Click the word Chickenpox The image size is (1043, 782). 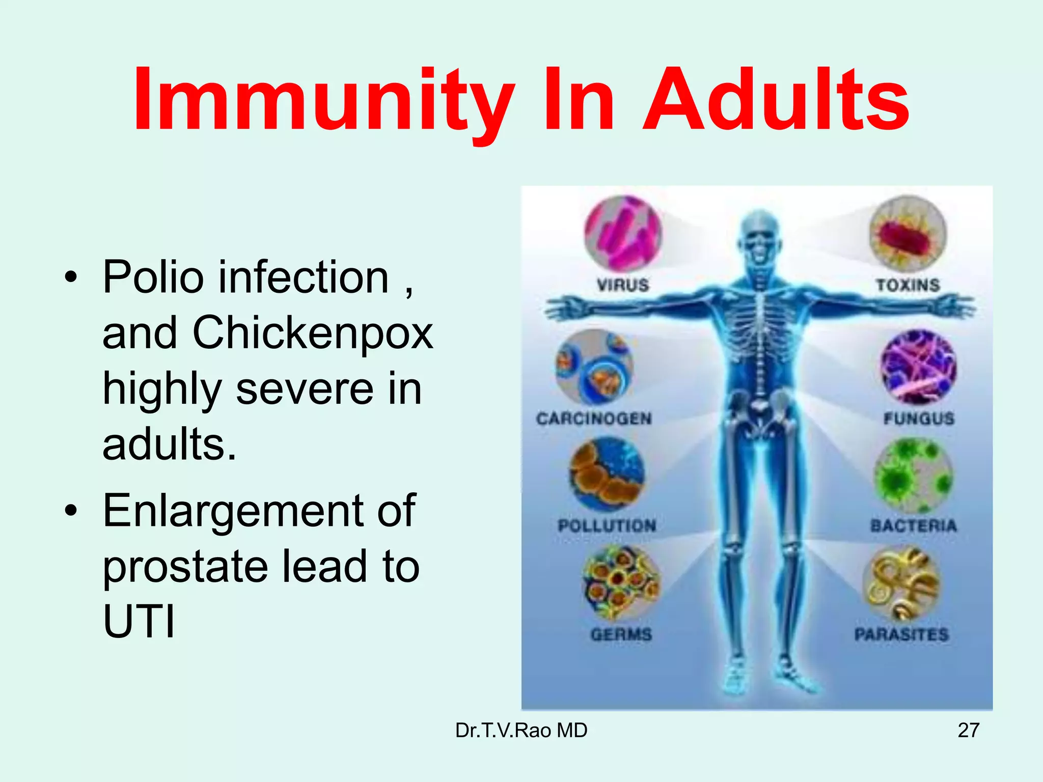click(x=313, y=333)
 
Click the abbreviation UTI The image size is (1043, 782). click(x=139, y=622)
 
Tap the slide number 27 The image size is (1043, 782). click(x=968, y=730)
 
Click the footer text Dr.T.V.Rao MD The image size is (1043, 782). click(x=521, y=730)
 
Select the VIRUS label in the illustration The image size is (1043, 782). click(x=623, y=285)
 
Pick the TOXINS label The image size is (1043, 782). click(x=908, y=285)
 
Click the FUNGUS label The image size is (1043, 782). click(x=919, y=418)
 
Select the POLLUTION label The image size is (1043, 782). click(x=607, y=525)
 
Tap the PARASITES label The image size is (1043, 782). click(x=901, y=634)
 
